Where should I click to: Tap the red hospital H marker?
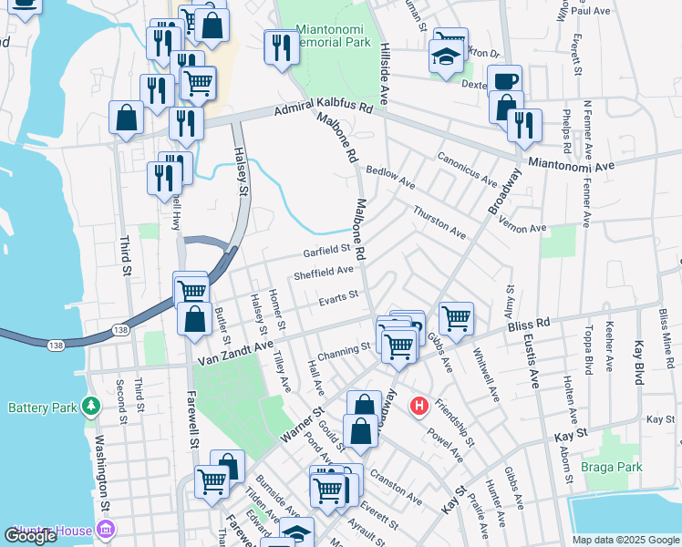click(x=418, y=406)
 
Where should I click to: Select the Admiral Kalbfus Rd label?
click(x=325, y=108)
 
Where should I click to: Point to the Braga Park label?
click(x=612, y=467)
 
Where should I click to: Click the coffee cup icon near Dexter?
click(x=504, y=79)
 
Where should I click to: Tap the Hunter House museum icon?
click(x=107, y=530)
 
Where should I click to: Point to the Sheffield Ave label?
click(x=323, y=271)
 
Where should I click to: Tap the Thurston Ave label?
click(x=439, y=222)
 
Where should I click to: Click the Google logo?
click(x=30, y=535)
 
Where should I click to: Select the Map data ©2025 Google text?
click(x=625, y=540)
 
